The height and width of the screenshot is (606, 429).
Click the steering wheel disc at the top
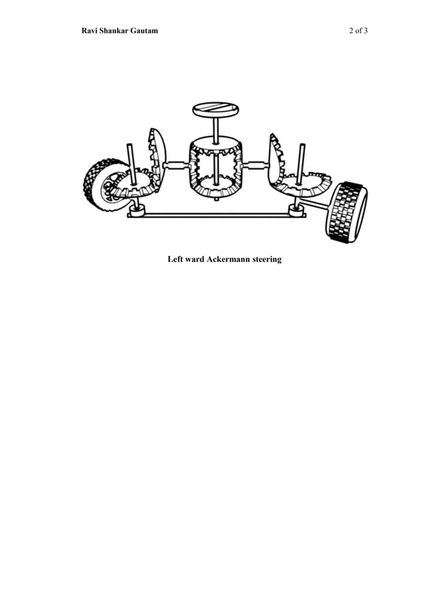point(215,109)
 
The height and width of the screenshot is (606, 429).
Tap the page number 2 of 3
point(358,31)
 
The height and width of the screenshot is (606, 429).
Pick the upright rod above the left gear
point(132,162)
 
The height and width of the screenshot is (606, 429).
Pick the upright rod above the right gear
point(301,162)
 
